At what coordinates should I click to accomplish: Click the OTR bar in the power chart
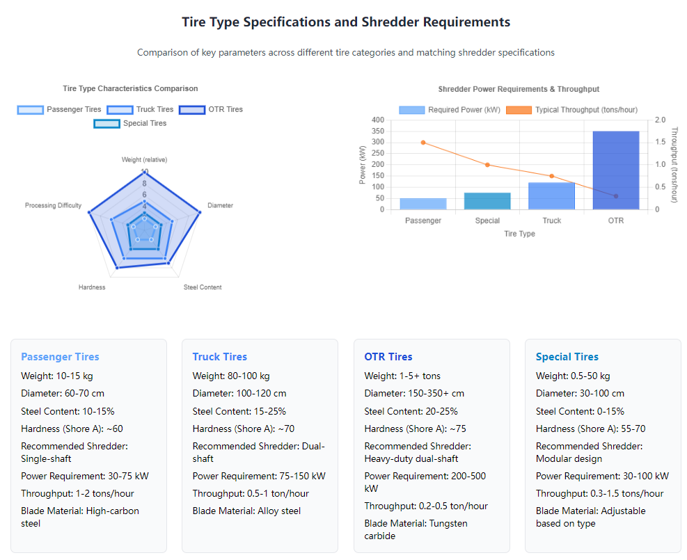click(x=615, y=170)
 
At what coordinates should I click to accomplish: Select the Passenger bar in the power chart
click(x=423, y=204)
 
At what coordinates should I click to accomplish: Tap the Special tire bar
click(x=487, y=201)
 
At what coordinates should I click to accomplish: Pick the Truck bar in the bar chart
click(x=551, y=195)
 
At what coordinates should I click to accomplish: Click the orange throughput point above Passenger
click(x=423, y=143)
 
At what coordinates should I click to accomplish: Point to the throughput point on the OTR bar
click(x=616, y=196)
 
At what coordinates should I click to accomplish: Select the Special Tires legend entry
click(x=131, y=123)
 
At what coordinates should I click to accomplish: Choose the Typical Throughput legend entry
click(x=571, y=110)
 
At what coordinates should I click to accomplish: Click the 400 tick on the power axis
click(x=377, y=120)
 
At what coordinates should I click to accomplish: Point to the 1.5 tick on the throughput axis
click(x=661, y=142)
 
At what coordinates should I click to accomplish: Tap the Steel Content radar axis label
click(x=203, y=287)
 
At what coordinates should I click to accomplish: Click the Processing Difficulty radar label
click(x=54, y=205)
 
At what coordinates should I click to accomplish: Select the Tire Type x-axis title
click(x=519, y=234)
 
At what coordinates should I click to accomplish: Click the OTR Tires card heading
click(x=388, y=357)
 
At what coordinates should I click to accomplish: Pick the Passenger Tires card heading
click(x=60, y=357)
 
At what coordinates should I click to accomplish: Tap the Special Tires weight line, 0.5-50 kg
click(x=573, y=376)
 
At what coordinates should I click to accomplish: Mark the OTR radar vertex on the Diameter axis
click(x=200, y=213)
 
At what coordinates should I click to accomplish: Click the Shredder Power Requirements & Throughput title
click(x=519, y=89)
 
